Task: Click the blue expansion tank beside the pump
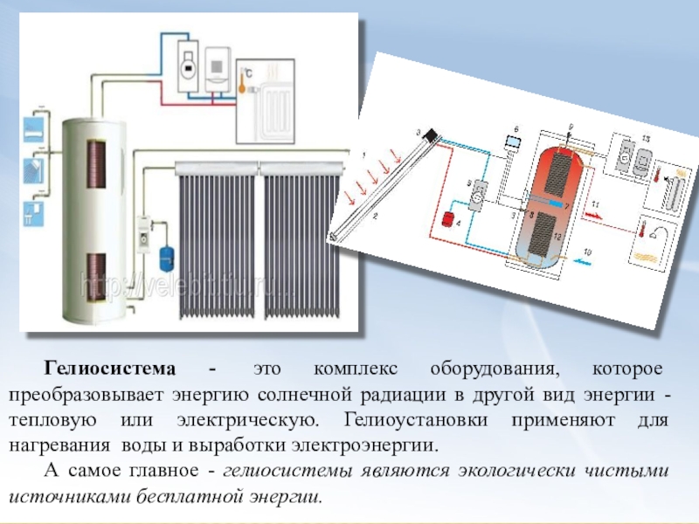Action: (163, 254)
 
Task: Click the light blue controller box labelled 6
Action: (513, 141)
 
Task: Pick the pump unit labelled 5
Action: (478, 196)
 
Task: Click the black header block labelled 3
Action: (431, 133)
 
